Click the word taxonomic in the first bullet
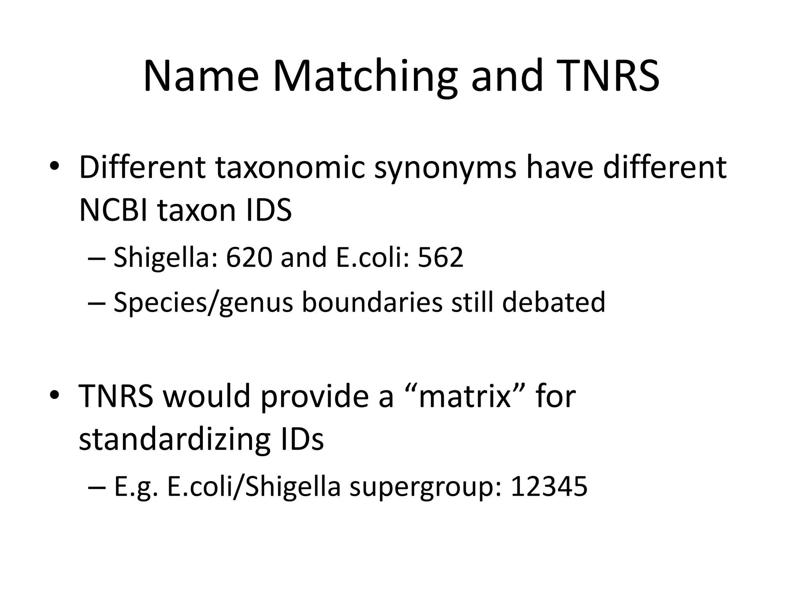click(290, 168)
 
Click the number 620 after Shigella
click(249, 257)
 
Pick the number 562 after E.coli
click(440, 257)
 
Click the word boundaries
click(372, 302)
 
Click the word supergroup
click(425, 486)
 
